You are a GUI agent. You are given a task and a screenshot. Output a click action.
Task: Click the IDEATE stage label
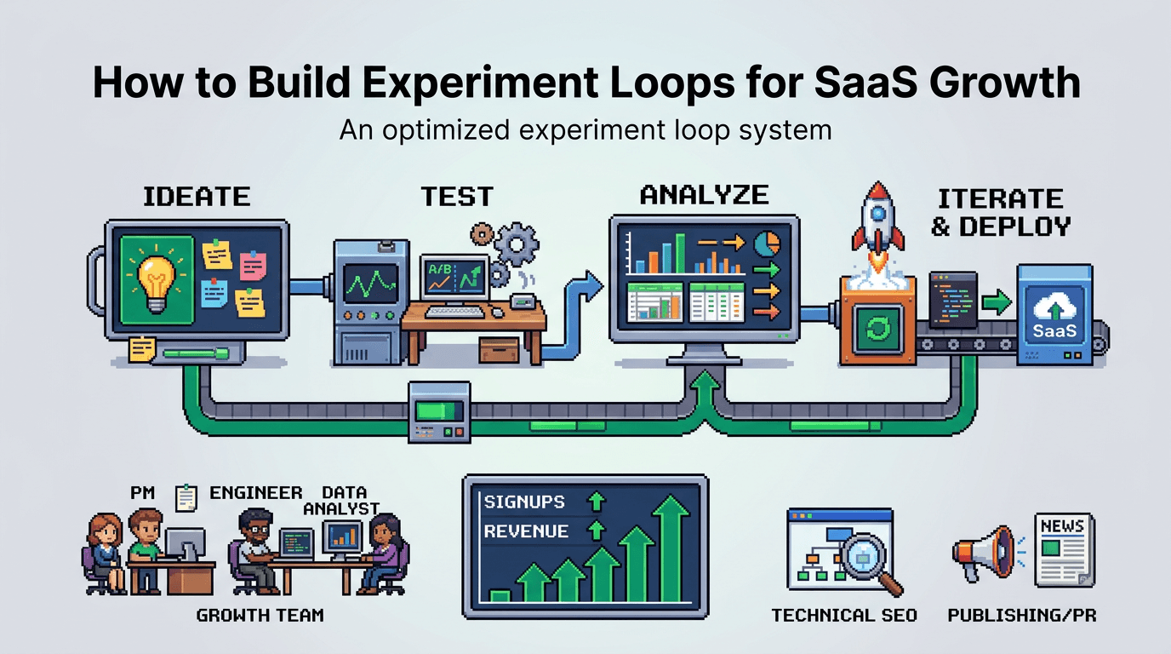click(197, 197)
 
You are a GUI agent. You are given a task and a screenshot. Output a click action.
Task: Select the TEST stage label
click(457, 197)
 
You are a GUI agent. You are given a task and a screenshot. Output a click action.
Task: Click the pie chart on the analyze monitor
click(768, 242)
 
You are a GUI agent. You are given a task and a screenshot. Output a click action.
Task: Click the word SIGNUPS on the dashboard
click(524, 502)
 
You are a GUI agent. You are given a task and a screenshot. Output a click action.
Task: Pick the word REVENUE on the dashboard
click(526, 531)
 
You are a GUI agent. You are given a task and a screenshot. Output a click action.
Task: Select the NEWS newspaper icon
click(1063, 549)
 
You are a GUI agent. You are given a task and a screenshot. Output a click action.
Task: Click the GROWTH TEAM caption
click(260, 614)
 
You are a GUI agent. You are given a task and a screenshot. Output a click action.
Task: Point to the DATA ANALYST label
click(345, 500)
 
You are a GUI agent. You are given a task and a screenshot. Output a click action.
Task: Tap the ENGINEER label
click(255, 493)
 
